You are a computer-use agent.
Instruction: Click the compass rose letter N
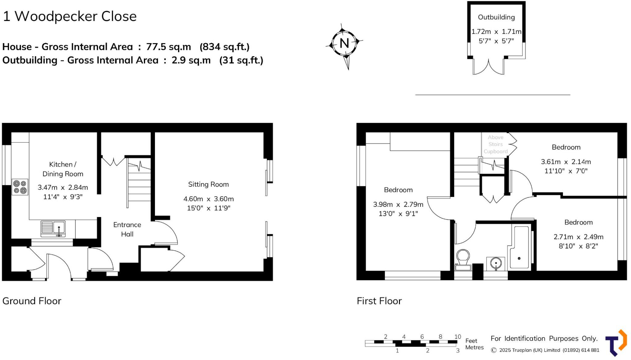point(344,43)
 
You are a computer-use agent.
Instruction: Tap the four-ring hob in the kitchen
point(20,187)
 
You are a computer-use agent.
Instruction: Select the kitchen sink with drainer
point(53,228)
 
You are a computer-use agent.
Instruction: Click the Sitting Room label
point(208,184)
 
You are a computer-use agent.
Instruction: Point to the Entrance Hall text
point(127,229)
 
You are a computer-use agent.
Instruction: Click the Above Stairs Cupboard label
point(495,144)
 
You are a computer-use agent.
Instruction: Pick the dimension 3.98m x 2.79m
point(398,204)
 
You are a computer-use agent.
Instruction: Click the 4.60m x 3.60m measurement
point(208,199)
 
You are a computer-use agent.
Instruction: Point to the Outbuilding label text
point(496,17)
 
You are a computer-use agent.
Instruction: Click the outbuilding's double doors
point(488,68)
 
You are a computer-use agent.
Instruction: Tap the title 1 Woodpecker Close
point(70,16)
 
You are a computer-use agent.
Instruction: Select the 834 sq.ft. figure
point(224,47)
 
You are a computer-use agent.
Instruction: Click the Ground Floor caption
point(32,301)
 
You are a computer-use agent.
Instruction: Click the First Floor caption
point(379,301)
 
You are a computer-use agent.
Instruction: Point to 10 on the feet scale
point(458,337)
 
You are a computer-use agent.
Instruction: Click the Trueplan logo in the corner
point(616,343)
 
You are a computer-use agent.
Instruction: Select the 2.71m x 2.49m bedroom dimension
point(578,237)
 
